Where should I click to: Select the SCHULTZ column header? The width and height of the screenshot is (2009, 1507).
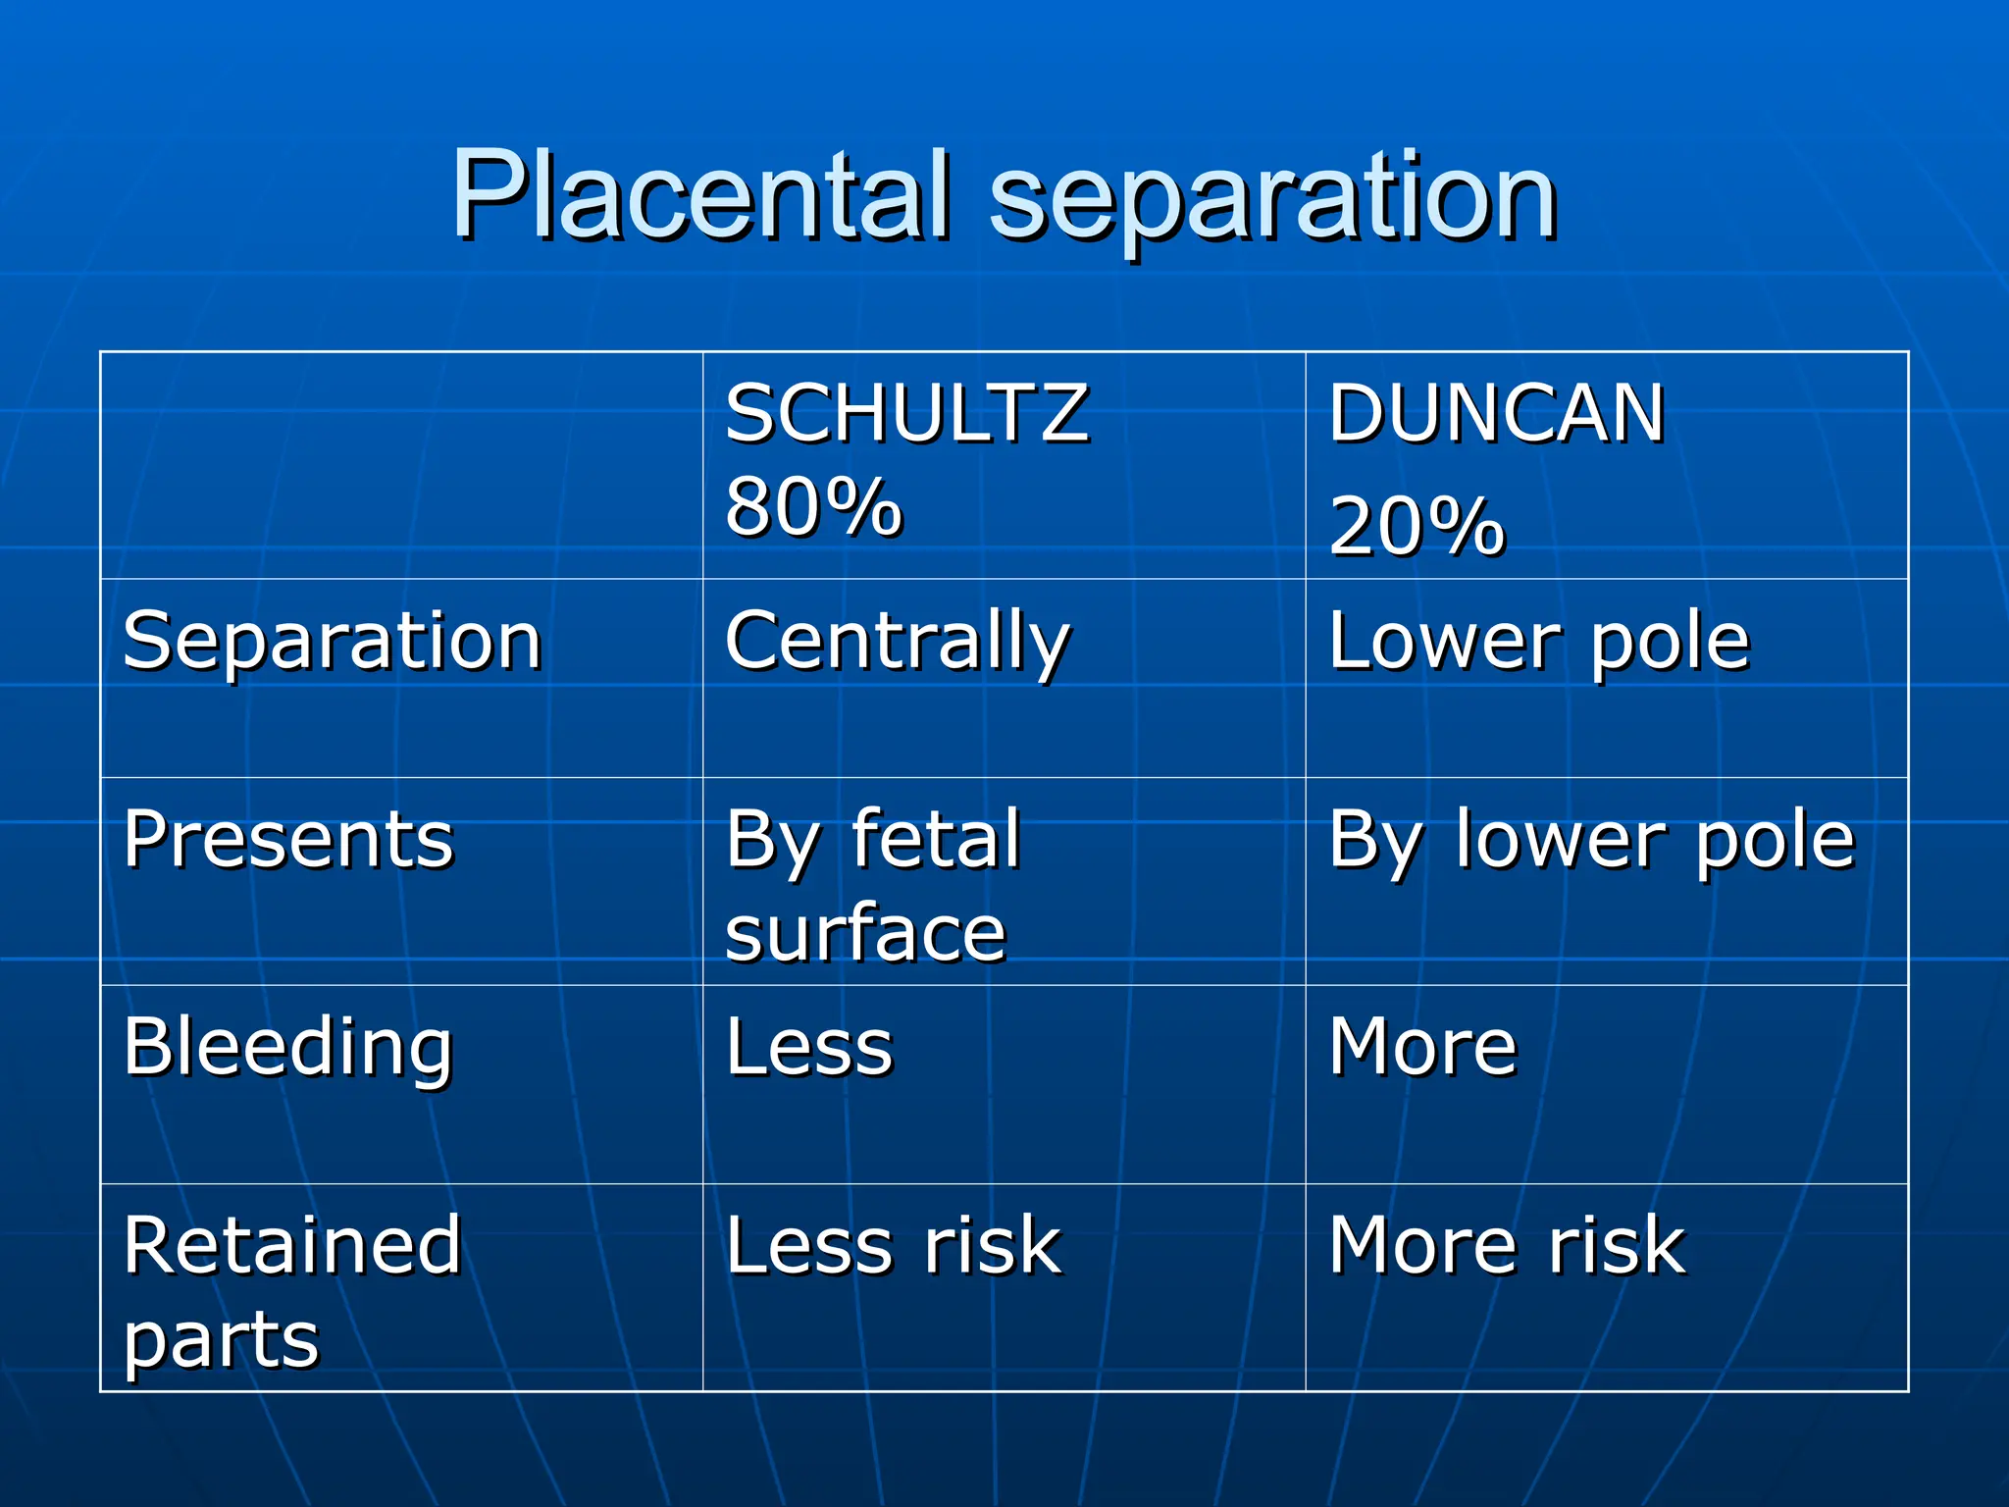click(x=906, y=414)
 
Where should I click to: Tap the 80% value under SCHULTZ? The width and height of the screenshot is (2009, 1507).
click(x=813, y=507)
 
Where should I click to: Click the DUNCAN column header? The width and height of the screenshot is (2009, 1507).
click(x=1496, y=414)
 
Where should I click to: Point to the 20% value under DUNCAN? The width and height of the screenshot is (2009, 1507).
click(x=1417, y=527)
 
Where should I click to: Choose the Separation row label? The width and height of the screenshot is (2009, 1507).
click(x=333, y=642)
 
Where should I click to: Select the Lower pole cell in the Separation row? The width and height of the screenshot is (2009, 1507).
click(x=1538, y=642)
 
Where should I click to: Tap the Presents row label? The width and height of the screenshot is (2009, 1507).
click(x=288, y=840)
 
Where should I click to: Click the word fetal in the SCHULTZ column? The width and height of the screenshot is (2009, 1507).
click(x=937, y=840)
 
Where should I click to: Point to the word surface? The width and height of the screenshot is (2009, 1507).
click(x=865, y=933)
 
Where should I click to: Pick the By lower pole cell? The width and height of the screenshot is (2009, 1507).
click(x=1591, y=842)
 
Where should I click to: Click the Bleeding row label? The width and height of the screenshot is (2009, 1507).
click(x=288, y=1048)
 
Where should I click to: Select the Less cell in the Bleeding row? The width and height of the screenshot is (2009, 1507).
click(x=809, y=1048)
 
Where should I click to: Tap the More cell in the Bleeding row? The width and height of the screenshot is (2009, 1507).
click(x=1422, y=1048)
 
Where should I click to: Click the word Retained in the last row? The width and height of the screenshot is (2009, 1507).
click(x=292, y=1246)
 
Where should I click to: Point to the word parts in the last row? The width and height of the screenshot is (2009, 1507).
click(x=222, y=1340)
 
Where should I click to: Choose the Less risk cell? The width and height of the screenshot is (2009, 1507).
click(x=893, y=1246)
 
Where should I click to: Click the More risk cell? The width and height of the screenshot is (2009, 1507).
click(x=1507, y=1246)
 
